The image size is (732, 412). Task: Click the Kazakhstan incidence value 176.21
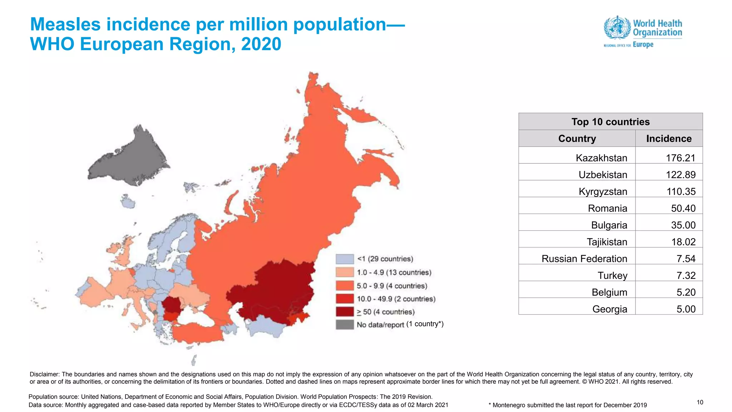(x=680, y=158)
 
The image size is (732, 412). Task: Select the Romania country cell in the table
(x=607, y=208)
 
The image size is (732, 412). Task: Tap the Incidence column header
(x=668, y=138)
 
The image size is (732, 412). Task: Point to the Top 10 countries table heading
(x=610, y=122)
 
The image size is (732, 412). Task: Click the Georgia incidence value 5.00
(x=686, y=309)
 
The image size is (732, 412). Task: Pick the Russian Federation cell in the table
(x=584, y=259)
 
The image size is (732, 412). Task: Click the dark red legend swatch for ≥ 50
(x=345, y=312)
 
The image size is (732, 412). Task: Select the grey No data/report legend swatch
(x=345, y=325)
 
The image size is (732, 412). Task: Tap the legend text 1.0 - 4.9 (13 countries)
(x=394, y=273)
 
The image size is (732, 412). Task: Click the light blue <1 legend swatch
(x=345, y=259)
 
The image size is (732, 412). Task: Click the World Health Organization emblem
(x=617, y=27)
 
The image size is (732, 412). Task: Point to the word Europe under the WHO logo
(x=643, y=45)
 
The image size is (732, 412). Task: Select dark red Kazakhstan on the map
(x=272, y=293)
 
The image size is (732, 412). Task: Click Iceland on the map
(x=127, y=202)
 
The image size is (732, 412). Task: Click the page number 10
(x=700, y=402)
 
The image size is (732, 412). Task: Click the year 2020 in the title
(x=261, y=44)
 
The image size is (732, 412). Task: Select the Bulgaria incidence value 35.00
(x=683, y=225)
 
